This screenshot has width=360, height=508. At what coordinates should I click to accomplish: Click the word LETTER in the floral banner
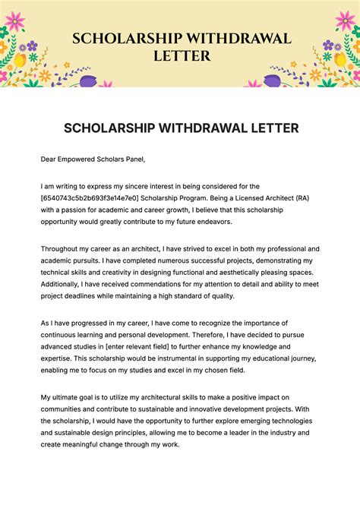coord(179,56)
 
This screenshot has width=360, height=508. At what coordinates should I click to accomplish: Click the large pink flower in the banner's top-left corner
coord(14,21)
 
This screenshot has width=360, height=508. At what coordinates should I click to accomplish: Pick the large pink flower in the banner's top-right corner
coord(345,20)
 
